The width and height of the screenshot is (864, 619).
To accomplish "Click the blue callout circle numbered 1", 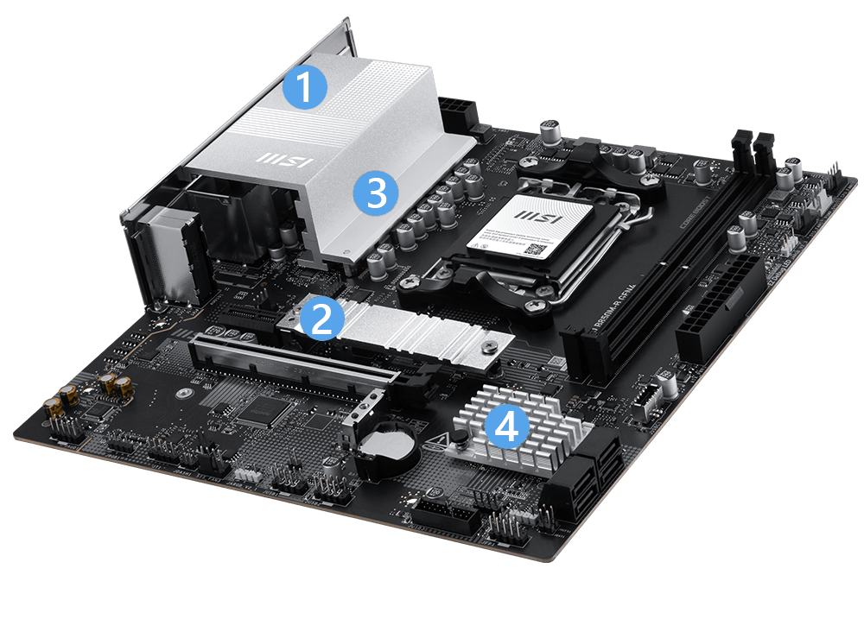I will tap(305, 85).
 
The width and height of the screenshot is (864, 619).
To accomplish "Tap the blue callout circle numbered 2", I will tap(321, 319).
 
